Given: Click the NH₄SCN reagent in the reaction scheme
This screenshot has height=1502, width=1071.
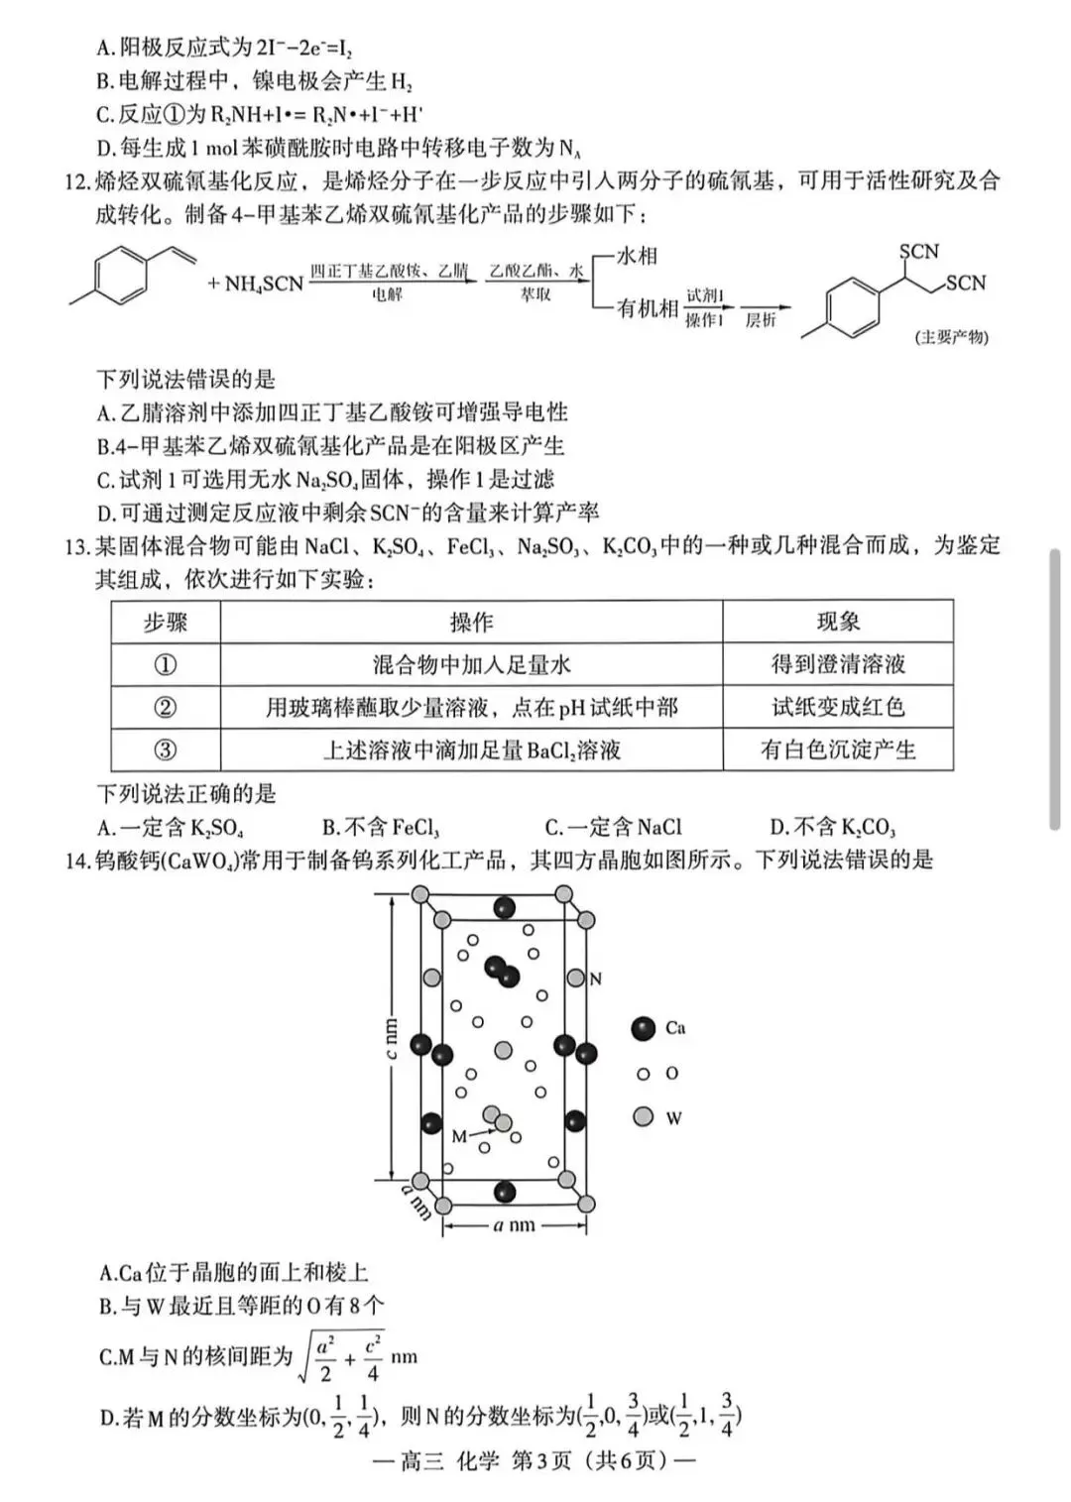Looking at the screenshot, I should [x=255, y=284].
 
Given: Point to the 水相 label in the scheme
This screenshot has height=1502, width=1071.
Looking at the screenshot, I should [x=637, y=256].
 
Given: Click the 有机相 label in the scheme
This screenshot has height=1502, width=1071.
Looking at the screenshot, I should [x=648, y=308].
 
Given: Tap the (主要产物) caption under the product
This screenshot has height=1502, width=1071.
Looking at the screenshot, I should [x=951, y=337].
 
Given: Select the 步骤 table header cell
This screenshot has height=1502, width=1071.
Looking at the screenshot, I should [x=166, y=623].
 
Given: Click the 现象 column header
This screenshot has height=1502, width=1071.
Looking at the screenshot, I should [x=838, y=622].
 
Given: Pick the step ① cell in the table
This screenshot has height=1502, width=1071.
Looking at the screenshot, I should [x=166, y=665].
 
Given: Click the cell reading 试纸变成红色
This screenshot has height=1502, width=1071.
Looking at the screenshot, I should [x=838, y=707].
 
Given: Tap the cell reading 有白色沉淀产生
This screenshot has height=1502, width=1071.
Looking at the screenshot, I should [x=838, y=750].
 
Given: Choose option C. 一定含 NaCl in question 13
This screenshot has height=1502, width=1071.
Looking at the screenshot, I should [x=614, y=828].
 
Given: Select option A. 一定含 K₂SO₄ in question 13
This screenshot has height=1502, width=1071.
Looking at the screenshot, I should [x=171, y=828].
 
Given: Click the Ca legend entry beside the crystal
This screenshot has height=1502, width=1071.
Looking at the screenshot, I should [x=659, y=1028].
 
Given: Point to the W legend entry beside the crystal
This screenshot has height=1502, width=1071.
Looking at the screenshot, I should [x=658, y=1117].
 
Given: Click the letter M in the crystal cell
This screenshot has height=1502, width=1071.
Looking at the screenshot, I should [x=459, y=1136].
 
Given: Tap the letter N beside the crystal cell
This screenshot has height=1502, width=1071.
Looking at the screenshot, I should [x=596, y=980].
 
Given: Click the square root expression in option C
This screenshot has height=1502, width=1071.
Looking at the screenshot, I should [x=342, y=1356].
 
